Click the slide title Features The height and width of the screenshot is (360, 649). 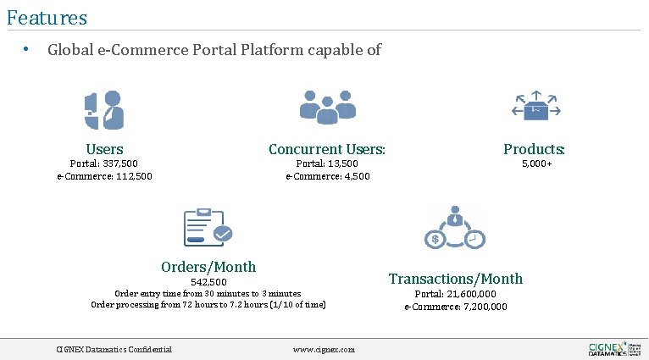tap(47, 16)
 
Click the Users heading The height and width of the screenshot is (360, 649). tap(104, 149)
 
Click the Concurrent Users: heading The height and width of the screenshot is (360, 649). tap(327, 149)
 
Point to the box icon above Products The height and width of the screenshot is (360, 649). tap(535, 107)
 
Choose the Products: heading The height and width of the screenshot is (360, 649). tap(534, 149)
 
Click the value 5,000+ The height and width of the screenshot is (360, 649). tap(536, 163)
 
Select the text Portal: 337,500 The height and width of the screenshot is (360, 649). tap(103, 163)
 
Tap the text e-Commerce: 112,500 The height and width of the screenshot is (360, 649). tap(104, 176)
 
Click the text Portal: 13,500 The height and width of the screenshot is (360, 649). tap(326, 163)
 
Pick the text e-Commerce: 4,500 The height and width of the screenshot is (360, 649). tap(327, 176)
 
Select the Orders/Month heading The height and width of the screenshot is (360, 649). tap(208, 266)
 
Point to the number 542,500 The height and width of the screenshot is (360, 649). tap(208, 281)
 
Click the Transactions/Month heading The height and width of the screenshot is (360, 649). tap(456, 279)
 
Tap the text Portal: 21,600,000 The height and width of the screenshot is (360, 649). tap(456, 294)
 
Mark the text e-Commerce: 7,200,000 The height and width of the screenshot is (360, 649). tap(456, 307)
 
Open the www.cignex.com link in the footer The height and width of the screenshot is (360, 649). tap(324, 349)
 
